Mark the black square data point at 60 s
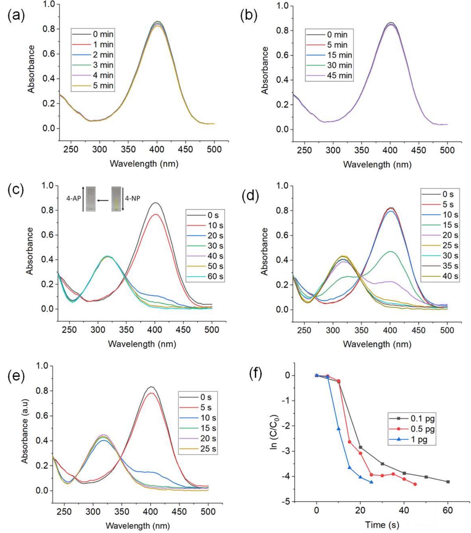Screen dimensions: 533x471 (x=448, y=482)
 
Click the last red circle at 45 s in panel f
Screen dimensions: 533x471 (x=415, y=484)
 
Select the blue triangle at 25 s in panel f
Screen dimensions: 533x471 (x=372, y=482)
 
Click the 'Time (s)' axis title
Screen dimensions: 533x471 (x=382, y=525)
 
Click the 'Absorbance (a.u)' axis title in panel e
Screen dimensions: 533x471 (x=25, y=431)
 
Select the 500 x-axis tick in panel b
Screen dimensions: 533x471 (x=447, y=150)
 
